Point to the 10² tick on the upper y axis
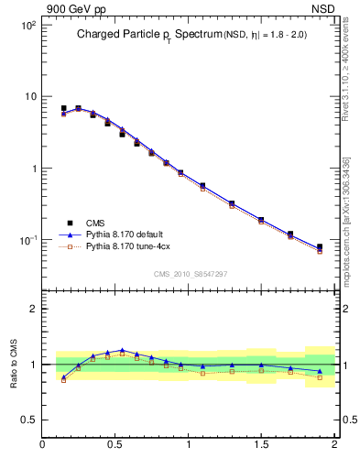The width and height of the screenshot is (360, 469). [27, 25]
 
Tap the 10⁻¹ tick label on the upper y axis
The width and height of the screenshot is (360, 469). [27, 240]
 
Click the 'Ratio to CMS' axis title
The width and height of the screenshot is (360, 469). [15, 365]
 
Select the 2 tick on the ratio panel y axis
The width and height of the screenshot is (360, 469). [31, 309]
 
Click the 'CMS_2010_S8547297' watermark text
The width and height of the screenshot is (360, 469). [190, 274]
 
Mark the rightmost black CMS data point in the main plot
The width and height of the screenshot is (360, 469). [320, 247]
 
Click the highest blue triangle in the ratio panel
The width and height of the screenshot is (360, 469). [122, 351]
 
